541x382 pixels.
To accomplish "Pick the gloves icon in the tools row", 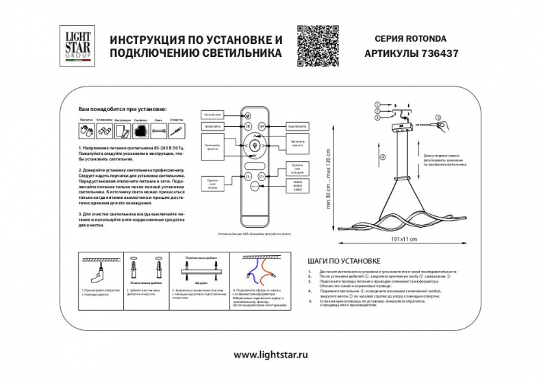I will coord(85,130).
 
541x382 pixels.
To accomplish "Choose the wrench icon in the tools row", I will coord(158,130).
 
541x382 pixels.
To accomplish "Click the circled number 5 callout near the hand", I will coord(439,117).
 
